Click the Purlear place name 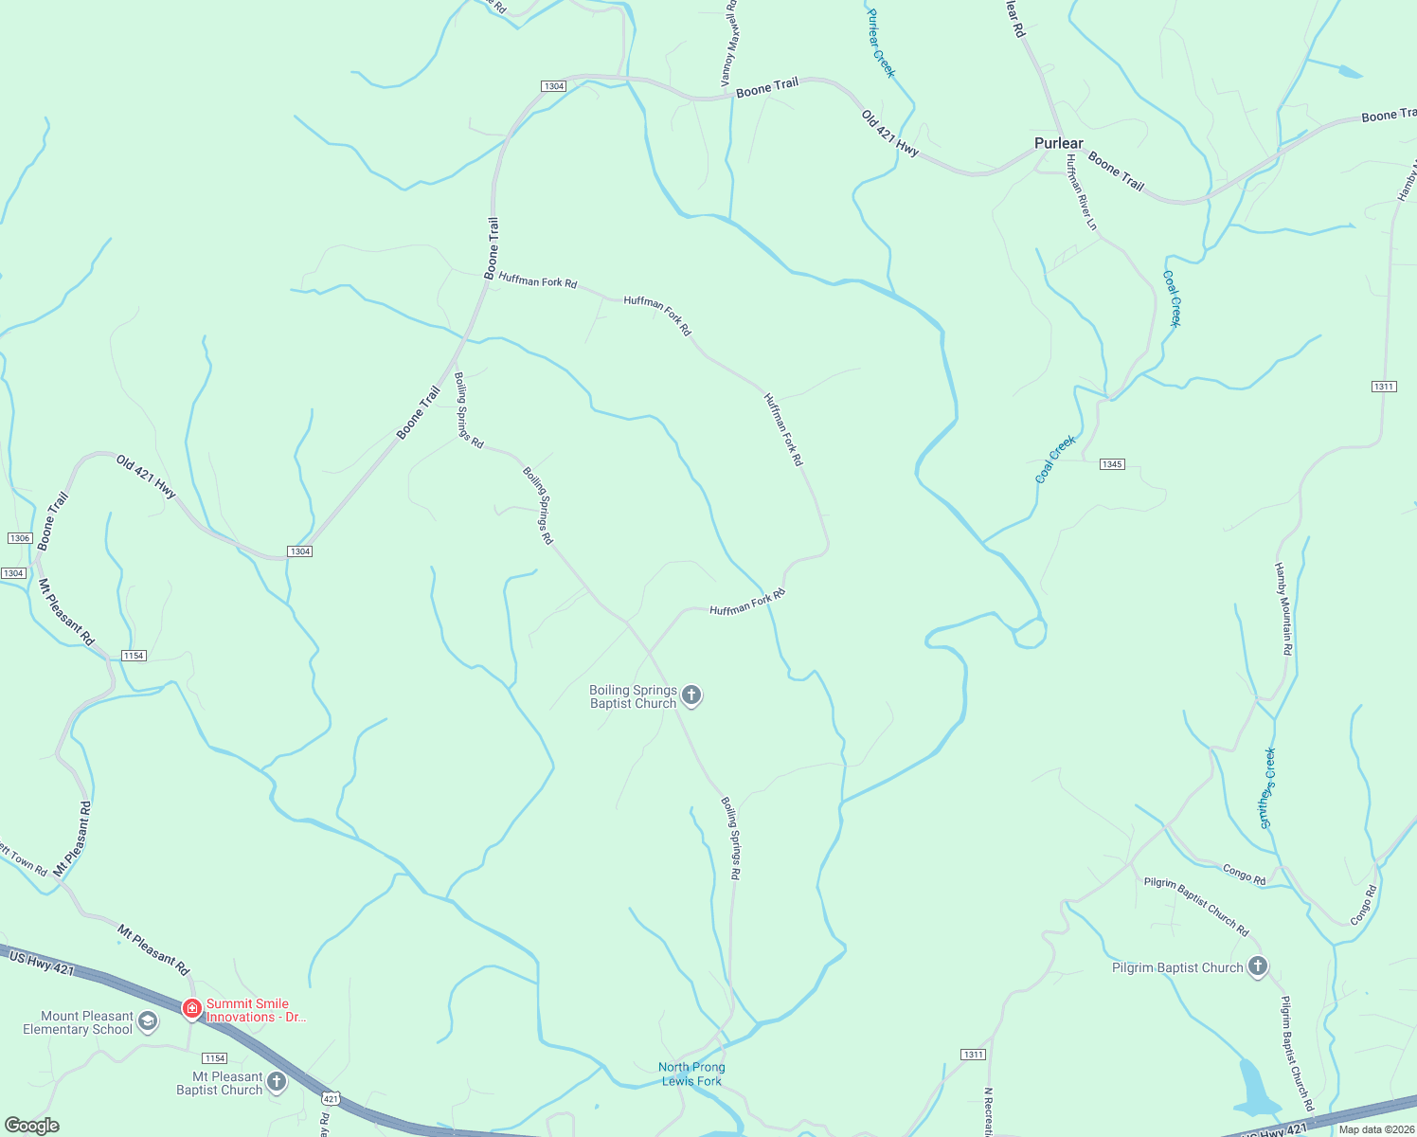(x=1058, y=143)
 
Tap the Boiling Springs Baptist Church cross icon (x=691, y=695)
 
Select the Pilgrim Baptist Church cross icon (x=1257, y=966)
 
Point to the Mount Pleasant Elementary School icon (x=147, y=1021)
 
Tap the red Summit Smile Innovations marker (x=191, y=1008)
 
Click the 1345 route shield (x=1112, y=464)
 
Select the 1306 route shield (x=20, y=538)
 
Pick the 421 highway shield (x=330, y=1098)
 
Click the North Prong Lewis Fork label (x=691, y=1074)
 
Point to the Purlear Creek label (x=881, y=43)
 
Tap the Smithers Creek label (x=1267, y=788)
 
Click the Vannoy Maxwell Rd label (x=728, y=45)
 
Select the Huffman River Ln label (x=1081, y=193)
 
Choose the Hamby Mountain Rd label (x=1282, y=608)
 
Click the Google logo (x=31, y=1126)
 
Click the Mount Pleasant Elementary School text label (x=78, y=1022)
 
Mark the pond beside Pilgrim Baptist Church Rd (x=1255, y=1089)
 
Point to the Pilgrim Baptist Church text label (x=1177, y=967)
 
